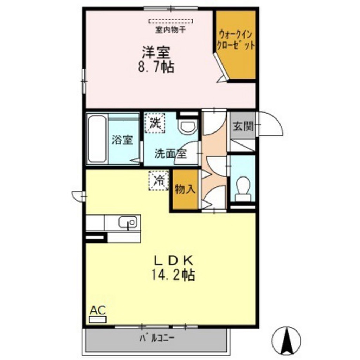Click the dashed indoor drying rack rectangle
click(171, 21)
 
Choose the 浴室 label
click(122, 140)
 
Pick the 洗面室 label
click(171, 154)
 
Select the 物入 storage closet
click(185, 190)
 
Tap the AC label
click(98, 310)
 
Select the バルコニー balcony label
click(157, 340)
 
